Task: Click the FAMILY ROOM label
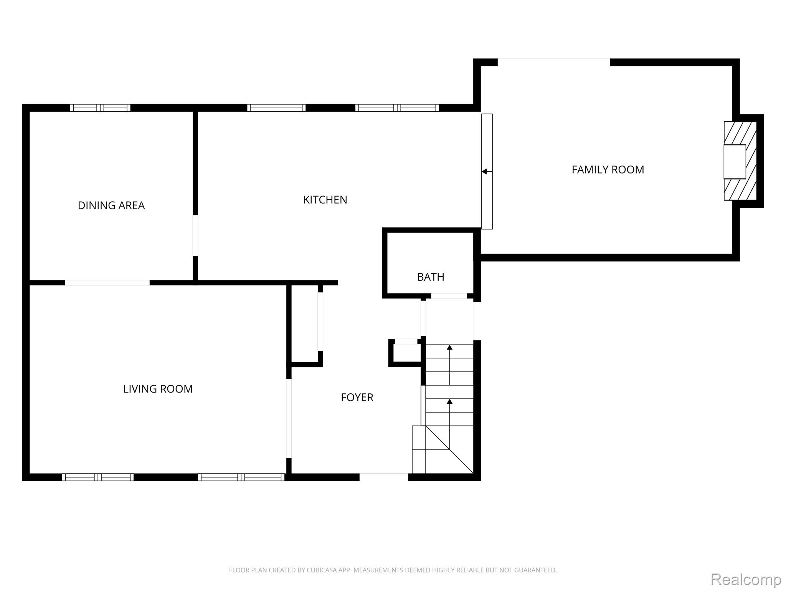608,170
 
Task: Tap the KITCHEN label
325,200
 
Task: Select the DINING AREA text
111,206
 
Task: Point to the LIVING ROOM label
158,389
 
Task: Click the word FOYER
357,397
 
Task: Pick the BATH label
431,277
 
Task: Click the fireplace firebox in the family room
734,162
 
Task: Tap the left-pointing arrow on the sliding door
485,172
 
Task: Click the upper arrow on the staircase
449,348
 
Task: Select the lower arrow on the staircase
449,402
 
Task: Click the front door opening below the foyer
383,477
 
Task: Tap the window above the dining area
100,108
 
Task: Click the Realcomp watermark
746,579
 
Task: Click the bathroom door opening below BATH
449,296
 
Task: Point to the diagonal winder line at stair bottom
449,449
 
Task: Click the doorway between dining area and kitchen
195,235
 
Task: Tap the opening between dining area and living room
107,283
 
